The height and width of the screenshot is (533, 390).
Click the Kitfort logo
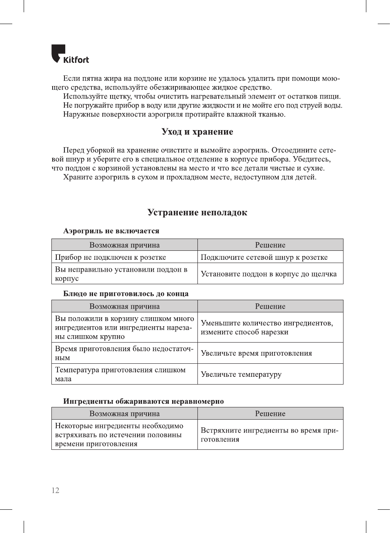pos(70,54)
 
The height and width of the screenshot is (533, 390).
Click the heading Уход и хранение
pos(197,132)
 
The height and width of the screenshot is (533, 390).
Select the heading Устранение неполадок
pos(197,212)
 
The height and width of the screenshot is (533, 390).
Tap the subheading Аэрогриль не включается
pos(111,231)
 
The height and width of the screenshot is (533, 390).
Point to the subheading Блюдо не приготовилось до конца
pos(126,294)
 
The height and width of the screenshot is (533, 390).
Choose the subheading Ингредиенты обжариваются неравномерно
pos(143,401)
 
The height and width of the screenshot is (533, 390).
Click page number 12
pos(55,490)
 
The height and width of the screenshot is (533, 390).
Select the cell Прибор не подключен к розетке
pos(111,257)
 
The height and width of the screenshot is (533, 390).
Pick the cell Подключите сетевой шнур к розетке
pos(264,257)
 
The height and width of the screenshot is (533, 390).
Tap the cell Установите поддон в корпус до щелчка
pos(269,274)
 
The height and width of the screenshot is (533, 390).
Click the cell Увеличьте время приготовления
pos(256,353)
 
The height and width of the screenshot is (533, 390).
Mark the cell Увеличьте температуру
pos(241,374)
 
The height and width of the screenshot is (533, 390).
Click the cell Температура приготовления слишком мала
pos(120,374)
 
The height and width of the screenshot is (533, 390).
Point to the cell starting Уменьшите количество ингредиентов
pos(267,327)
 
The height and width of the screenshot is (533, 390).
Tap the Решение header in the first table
pos(270,245)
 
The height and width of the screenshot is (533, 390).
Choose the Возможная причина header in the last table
pos(124,414)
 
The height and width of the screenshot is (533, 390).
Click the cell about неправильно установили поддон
pos(121,274)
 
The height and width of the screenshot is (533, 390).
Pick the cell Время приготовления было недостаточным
pos(124,353)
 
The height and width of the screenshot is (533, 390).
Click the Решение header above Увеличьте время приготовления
pos(270,306)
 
